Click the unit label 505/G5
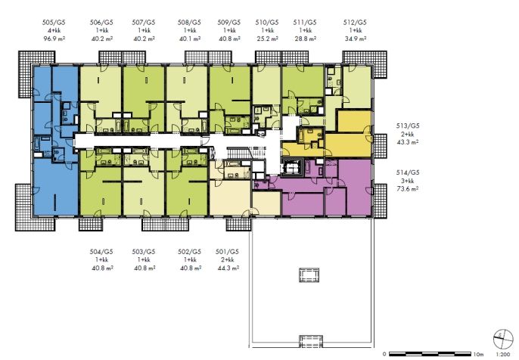(54, 23)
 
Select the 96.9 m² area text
(54, 39)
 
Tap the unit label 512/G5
(355, 23)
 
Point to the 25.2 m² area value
(267, 39)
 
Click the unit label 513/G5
(408, 126)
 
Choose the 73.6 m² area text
(408, 189)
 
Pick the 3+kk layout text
(408, 181)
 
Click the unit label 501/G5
(227, 252)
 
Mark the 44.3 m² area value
(228, 268)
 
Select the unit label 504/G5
(101, 252)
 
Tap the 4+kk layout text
(54, 30)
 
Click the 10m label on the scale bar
(479, 354)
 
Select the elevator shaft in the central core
(291, 168)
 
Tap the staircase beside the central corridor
(238, 153)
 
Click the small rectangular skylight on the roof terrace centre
(309, 275)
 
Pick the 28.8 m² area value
(305, 39)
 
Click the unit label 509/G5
(229, 23)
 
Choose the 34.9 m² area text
(355, 39)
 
